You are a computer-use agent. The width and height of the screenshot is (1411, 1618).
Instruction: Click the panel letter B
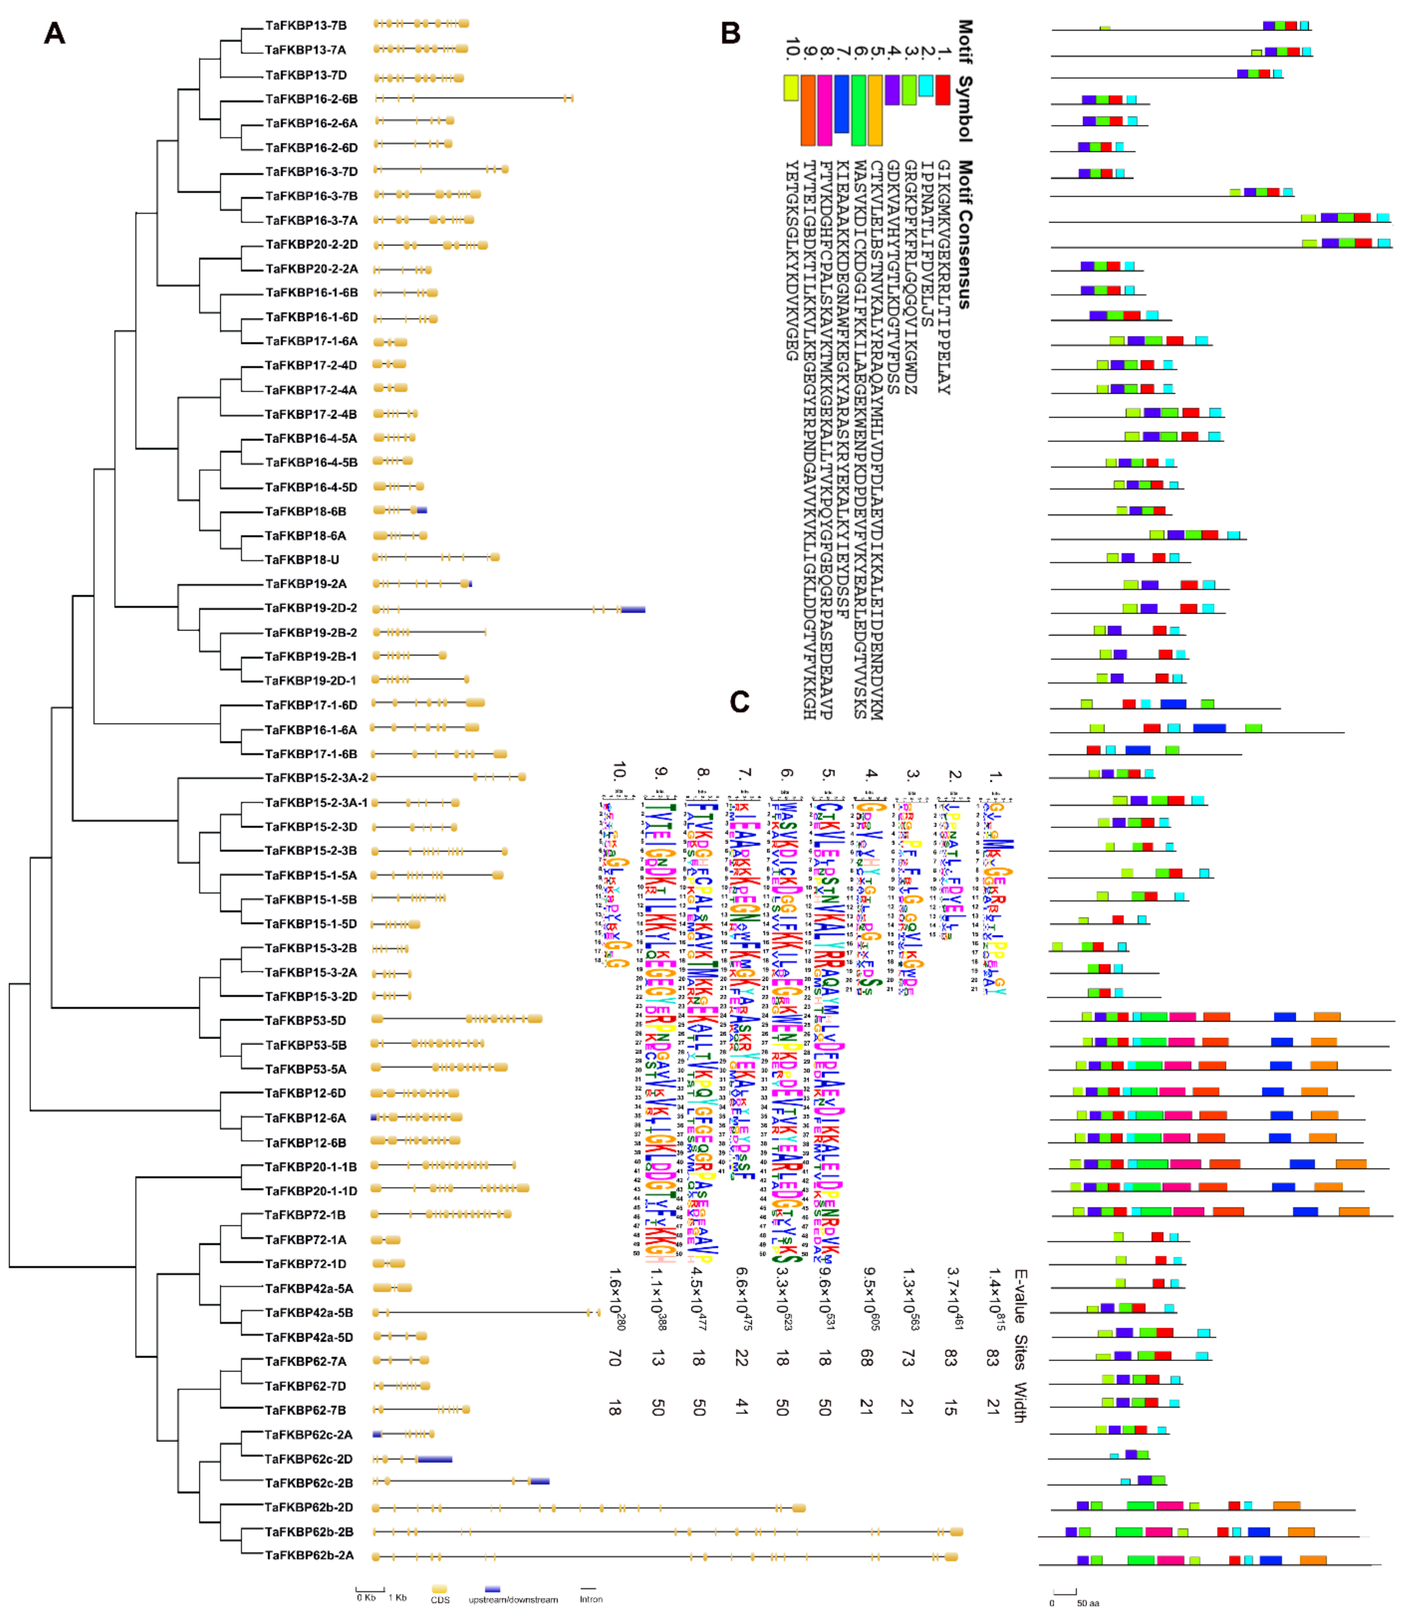point(731,33)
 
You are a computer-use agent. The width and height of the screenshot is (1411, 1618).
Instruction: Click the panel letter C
point(740,701)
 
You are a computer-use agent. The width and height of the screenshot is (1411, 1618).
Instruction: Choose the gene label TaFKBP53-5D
point(306,1020)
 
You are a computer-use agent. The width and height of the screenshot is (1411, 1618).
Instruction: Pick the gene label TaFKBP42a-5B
point(309,1312)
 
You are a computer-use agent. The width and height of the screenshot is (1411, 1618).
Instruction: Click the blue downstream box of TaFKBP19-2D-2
point(633,608)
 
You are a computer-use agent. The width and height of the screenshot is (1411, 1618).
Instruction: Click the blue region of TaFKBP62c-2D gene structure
point(435,1459)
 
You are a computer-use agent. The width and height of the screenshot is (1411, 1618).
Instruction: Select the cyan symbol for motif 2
point(926,85)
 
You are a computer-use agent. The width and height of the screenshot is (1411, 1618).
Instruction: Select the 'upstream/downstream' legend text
point(513,1600)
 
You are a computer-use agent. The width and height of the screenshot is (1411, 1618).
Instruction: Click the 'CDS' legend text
point(440,1600)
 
